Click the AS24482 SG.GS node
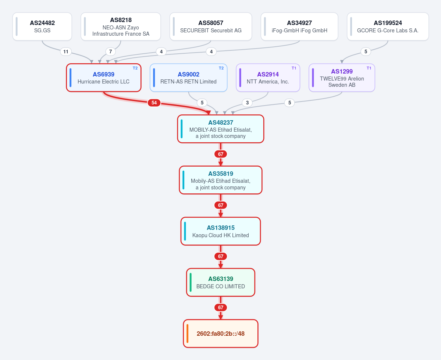tap(42, 26)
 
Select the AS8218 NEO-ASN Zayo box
tap(121, 26)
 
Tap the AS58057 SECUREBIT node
tap(211, 26)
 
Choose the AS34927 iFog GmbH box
tap(299, 26)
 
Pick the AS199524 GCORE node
tap(388, 26)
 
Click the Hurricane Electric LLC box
tap(103, 78)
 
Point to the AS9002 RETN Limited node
tap(188, 78)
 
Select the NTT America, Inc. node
tap(268, 78)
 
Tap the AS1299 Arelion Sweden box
tap(342, 78)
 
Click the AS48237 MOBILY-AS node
tap(221, 129)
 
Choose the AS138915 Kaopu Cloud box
tap(221, 231)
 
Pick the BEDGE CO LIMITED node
tap(221, 282)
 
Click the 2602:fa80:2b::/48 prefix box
tap(221, 334)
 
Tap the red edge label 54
tap(154, 103)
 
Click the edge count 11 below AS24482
tap(66, 51)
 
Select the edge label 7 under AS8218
tap(111, 51)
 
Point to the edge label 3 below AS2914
tap(247, 103)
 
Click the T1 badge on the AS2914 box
tap(294, 68)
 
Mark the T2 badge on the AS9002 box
tap(221, 68)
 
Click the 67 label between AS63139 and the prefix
tap(221, 307)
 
